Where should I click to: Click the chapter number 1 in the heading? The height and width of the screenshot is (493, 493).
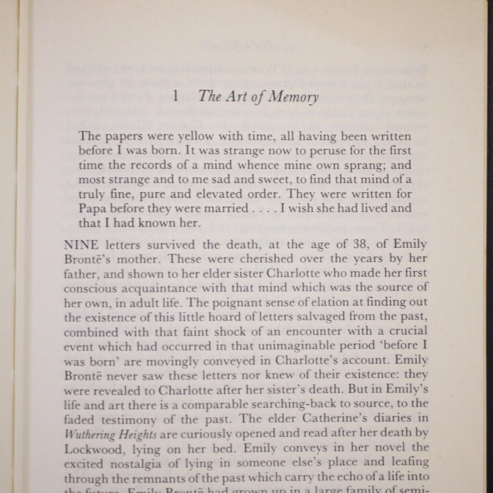point(176,96)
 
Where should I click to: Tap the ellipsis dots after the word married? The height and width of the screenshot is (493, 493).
point(263,209)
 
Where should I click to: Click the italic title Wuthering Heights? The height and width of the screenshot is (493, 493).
point(110,434)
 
